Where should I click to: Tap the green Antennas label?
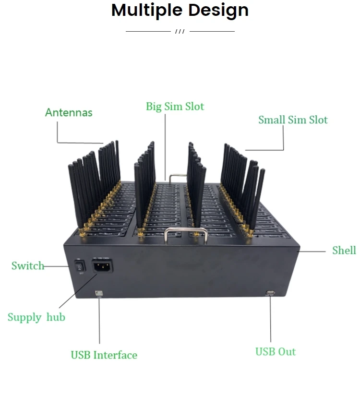click(69, 112)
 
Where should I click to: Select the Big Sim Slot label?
click(175, 106)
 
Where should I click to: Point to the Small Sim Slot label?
click(293, 120)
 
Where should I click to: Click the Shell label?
click(344, 250)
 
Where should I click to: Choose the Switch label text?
click(27, 265)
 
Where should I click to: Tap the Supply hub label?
click(36, 317)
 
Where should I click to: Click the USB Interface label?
click(104, 355)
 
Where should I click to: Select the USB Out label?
click(276, 352)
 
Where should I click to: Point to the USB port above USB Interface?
click(99, 292)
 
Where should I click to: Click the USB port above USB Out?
click(270, 292)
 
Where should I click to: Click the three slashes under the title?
click(180, 32)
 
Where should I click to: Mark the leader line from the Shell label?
click(314, 251)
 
